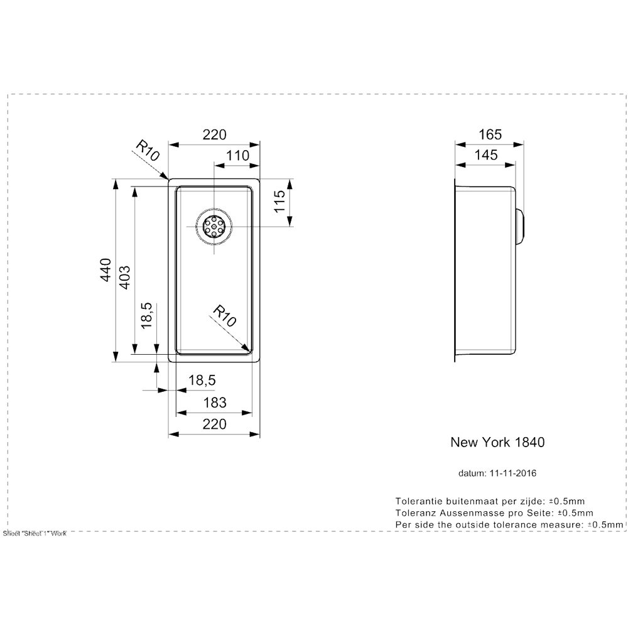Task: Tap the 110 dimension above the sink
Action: coord(237,155)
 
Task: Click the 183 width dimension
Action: coord(214,403)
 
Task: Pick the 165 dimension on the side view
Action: coord(489,134)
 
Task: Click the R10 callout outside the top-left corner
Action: coord(148,151)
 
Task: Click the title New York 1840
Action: coord(497,441)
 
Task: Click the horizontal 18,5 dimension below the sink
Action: coord(202,380)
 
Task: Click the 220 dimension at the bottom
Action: coord(214,425)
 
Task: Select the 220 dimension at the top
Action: coord(214,134)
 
